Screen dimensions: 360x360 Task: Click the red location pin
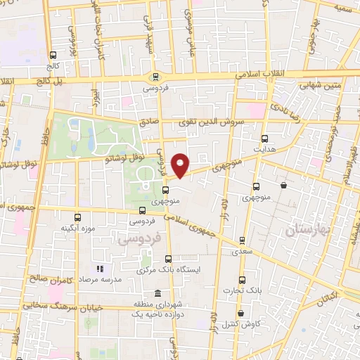tap(181, 166)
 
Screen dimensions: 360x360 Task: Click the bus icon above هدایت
tap(264, 139)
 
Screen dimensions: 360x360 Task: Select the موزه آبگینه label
tap(77, 229)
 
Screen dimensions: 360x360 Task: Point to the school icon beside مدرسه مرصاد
tap(100, 268)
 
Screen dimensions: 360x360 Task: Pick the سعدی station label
tap(243, 250)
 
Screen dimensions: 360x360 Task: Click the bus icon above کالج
tap(53, 55)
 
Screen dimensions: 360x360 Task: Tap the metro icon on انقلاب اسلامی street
tap(155, 77)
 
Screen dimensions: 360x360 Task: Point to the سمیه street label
tap(344, 9)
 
